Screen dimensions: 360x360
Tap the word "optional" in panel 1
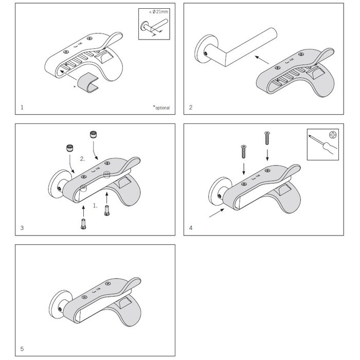pos(162,107)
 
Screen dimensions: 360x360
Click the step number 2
pos(191,108)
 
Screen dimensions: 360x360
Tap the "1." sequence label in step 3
pos(95,205)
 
